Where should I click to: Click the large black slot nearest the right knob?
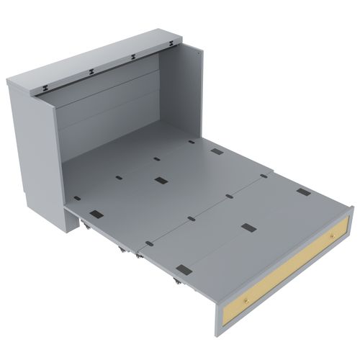coord(303,192)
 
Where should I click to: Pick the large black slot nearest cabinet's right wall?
coord(216,153)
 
